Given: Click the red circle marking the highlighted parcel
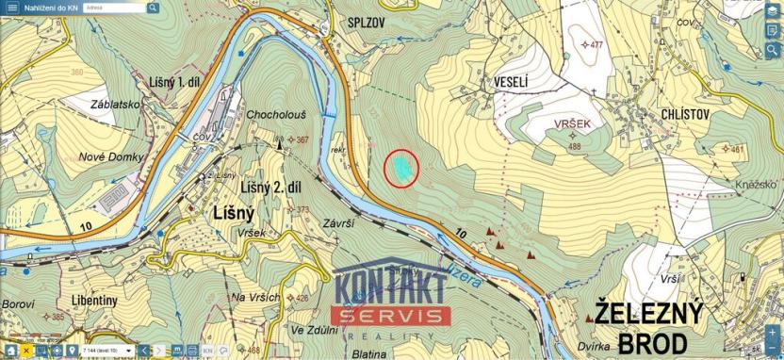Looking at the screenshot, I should click(402, 168).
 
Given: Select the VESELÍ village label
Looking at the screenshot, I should click(511, 82).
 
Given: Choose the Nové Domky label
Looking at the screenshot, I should click(111, 155).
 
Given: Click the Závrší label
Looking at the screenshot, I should click(337, 224).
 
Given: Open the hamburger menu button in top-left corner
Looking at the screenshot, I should click(11, 7).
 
